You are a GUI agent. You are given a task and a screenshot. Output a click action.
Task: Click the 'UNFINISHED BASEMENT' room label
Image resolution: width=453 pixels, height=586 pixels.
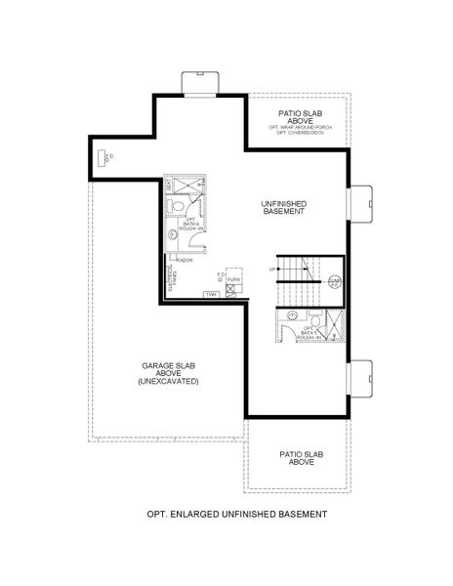point(284,206)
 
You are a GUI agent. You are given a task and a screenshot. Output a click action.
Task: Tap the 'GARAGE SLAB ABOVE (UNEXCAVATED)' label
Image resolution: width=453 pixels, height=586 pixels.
point(168,373)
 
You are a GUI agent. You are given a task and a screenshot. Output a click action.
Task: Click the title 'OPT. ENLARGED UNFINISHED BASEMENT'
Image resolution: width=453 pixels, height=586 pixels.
point(236,513)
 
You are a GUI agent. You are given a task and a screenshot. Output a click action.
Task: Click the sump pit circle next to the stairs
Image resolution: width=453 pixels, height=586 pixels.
point(335,281)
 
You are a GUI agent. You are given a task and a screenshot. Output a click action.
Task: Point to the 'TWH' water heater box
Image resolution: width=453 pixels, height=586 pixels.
point(211,294)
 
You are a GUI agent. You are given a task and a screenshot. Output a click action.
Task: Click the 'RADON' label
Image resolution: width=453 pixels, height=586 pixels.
point(185,260)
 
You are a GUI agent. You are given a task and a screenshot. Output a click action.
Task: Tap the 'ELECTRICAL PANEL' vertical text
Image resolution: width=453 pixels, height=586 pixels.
point(172,278)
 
